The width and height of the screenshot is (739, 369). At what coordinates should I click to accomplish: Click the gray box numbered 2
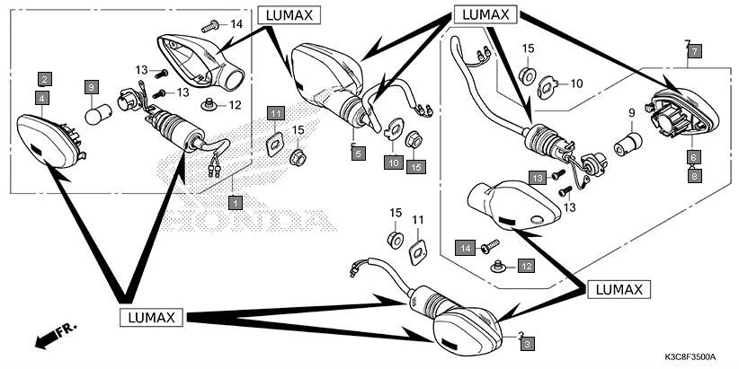pos(43,79)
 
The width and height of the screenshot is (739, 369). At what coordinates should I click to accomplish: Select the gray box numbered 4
pos(43,96)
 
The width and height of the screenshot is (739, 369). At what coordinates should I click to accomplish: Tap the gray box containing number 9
pos(91,87)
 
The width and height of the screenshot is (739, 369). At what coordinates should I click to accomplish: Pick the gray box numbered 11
pos(275,113)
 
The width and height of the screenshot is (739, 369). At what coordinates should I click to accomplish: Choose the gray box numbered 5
pos(358,154)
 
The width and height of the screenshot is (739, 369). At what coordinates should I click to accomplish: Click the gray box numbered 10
pos(394,163)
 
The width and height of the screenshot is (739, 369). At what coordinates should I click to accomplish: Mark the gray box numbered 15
pos(414,167)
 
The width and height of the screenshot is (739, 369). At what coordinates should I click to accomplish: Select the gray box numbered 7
pos(693,53)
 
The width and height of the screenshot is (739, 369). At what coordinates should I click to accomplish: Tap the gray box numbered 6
pos(693,156)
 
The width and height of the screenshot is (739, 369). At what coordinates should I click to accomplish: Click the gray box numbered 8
pos(693,176)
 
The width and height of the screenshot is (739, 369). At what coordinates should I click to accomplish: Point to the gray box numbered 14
pos(467,246)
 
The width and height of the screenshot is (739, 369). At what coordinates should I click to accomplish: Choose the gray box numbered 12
pos(525,267)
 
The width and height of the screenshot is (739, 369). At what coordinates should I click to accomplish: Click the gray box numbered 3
pos(528,343)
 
